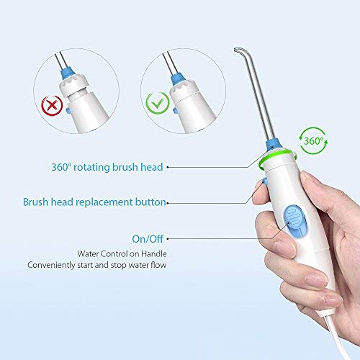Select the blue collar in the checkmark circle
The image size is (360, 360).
coord(176,73)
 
